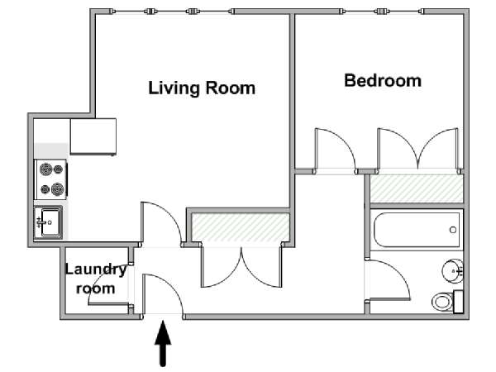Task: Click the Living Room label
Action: [x=202, y=88]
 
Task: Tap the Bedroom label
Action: [x=383, y=80]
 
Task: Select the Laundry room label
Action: [x=96, y=279]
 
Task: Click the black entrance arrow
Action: [x=163, y=344]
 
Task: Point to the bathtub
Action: [x=417, y=230]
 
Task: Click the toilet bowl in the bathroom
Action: [x=442, y=302]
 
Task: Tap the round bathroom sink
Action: [x=452, y=271]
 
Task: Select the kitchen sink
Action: [x=49, y=222]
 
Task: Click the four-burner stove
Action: [x=50, y=179]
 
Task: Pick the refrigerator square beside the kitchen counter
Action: [x=93, y=136]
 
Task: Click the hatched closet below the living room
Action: [x=241, y=227]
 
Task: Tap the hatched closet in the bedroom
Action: [x=417, y=188]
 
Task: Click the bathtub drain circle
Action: [x=453, y=230]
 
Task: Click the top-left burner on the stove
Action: [x=45, y=169]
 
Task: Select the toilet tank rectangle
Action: [x=458, y=302]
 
